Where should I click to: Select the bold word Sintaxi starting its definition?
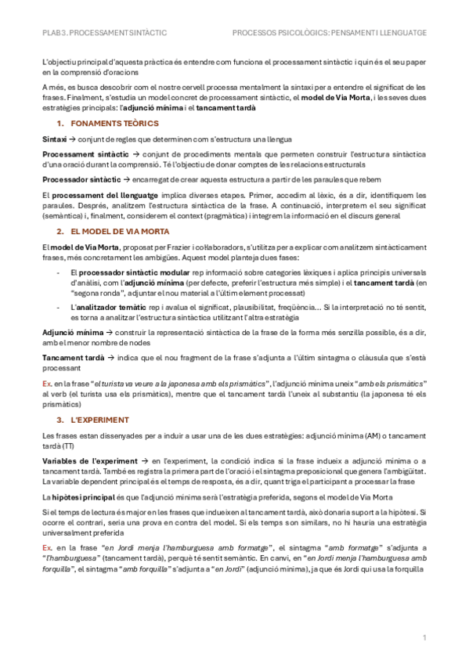pyautogui.click(x=54, y=139)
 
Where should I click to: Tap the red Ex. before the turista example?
pyautogui.click(x=47, y=384)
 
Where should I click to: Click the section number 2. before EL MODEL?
pyautogui.click(x=60, y=233)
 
